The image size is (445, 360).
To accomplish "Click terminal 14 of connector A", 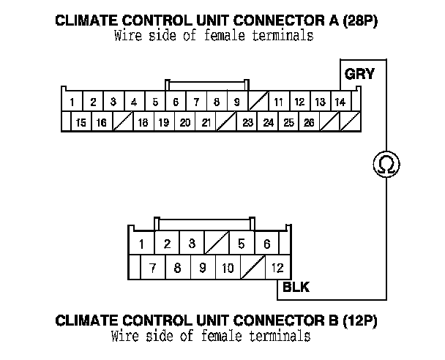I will (x=340, y=102).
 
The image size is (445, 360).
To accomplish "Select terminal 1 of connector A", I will (x=72, y=102).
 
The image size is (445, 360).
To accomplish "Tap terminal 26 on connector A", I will (x=309, y=122).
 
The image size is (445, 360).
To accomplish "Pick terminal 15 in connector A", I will (x=81, y=122).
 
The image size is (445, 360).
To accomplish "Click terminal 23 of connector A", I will (x=247, y=122).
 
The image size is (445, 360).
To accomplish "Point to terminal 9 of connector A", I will (x=237, y=102).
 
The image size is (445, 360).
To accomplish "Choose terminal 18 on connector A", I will (x=143, y=122).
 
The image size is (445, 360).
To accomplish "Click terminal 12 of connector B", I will (x=277, y=268).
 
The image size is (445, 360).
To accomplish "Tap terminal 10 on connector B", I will (x=228, y=268).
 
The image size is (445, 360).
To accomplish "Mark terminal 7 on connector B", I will (x=152, y=268).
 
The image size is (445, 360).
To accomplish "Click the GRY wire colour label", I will (x=359, y=75).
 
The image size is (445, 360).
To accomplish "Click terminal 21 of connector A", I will (x=206, y=122).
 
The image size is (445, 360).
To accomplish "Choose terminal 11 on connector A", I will (x=279, y=102).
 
